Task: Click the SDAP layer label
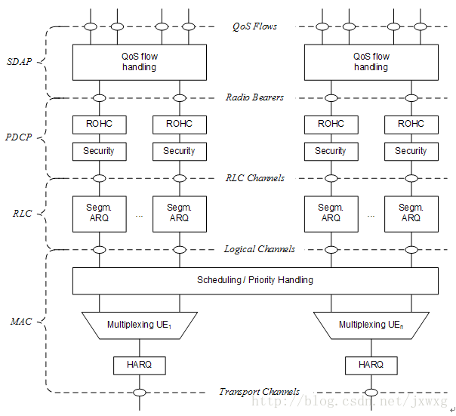(x=19, y=61)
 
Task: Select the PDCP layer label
(x=19, y=137)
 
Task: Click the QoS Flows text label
(x=254, y=26)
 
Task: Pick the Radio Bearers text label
(x=254, y=97)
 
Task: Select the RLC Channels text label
(x=254, y=178)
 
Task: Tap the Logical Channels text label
(x=259, y=249)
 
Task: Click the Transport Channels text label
(x=259, y=392)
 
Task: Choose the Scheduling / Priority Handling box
(x=255, y=280)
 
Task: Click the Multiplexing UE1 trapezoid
(x=139, y=325)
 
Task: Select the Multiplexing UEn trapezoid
(x=371, y=325)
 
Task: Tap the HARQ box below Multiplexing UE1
(x=139, y=365)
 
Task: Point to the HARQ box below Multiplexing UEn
(x=371, y=365)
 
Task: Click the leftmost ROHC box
(x=99, y=124)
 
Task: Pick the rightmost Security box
(x=411, y=151)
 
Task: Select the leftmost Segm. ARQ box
(x=99, y=213)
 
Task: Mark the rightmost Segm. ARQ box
(x=411, y=213)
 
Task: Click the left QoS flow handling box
(x=139, y=62)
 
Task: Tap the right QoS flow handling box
(x=371, y=62)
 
